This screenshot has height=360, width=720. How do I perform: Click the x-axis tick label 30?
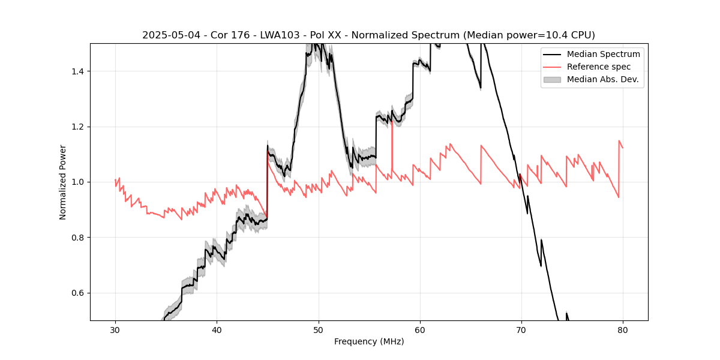(116, 330)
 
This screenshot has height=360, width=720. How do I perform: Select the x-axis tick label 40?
(217, 330)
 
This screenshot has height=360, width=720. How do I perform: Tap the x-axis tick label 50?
(319, 330)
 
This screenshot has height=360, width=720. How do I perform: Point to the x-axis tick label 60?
(420, 330)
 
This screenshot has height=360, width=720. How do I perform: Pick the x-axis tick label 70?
(521, 330)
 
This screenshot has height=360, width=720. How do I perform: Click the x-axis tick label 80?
(623, 330)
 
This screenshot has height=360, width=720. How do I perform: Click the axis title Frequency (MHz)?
(369, 341)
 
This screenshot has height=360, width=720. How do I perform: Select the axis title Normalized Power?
(63, 182)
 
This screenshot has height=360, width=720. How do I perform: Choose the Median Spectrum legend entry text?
(603, 54)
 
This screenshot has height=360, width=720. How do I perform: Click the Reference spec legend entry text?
(599, 67)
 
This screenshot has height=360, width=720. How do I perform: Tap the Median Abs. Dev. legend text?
(602, 79)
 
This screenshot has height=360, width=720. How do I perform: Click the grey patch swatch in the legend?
(552, 79)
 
